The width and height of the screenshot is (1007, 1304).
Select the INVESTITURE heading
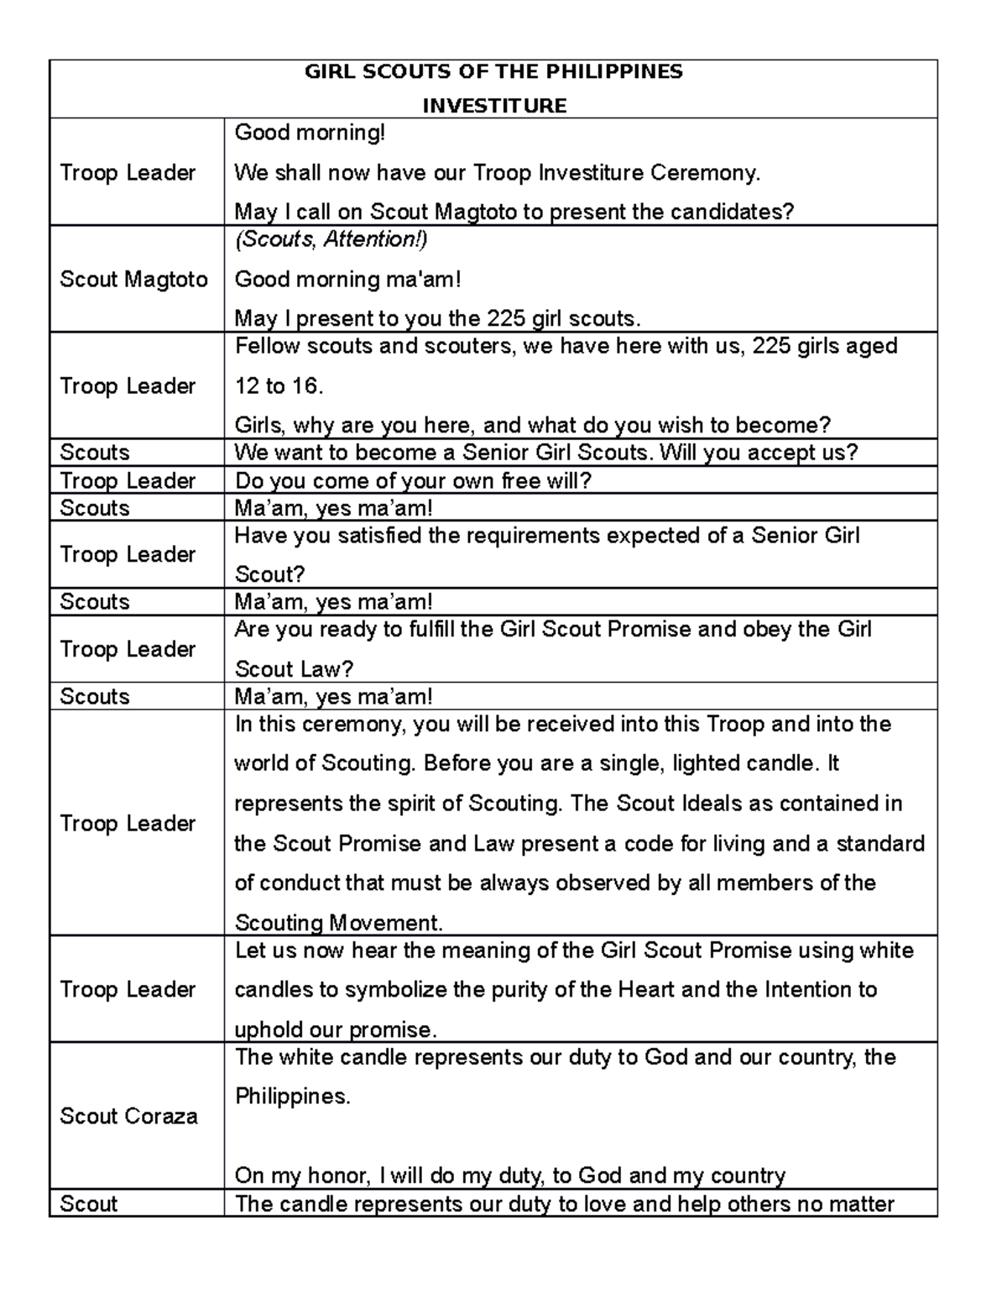[493, 106]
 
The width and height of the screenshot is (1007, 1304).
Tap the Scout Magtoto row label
[133, 279]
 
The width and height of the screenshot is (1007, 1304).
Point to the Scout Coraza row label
[128, 1116]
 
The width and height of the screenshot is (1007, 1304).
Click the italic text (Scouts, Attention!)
[331, 239]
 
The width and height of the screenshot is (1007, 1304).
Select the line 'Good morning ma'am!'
[347, 279]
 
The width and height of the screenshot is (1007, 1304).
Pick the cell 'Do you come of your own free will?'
[413, 481]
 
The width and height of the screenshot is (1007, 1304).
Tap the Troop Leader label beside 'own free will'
[128, 481]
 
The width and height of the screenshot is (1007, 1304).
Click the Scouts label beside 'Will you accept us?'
[95, 453]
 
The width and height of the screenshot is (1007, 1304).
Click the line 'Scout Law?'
[294, 669]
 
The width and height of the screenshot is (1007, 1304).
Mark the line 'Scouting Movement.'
[338, 924]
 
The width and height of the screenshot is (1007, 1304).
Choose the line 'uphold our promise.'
[336, 1030]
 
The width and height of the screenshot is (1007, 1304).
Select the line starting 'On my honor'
[509, 1176]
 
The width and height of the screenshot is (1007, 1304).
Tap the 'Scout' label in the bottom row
[88, 1204]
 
